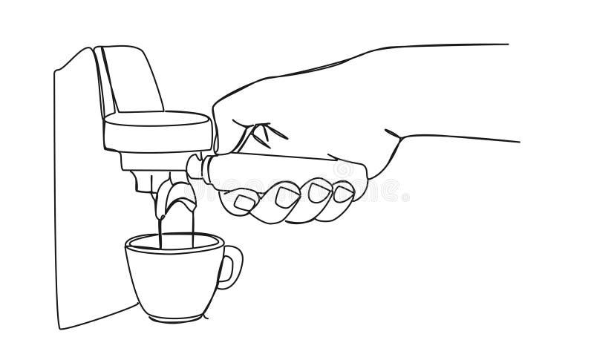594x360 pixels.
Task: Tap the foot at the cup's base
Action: (177, 315)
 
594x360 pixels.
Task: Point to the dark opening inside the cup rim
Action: (174, 243)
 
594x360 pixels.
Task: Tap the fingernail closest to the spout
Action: (244, 200)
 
